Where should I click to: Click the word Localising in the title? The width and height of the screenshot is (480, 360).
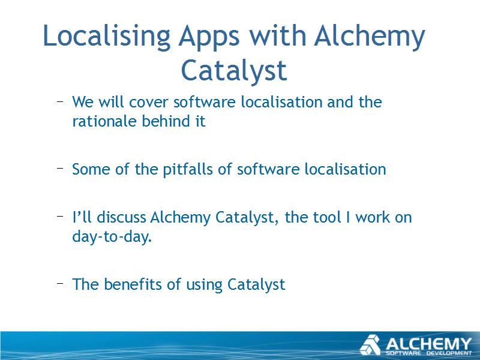[107, 37]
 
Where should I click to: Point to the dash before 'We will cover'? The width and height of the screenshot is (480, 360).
[60, 101]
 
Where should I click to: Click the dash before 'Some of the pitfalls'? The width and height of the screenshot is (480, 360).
[60, 168]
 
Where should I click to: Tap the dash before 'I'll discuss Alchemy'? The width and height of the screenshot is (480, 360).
[60, 217]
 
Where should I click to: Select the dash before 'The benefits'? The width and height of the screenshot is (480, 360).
[60, 283]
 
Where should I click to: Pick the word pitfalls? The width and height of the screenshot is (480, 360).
[187, 169]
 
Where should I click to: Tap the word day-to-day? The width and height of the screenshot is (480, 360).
[112, 236]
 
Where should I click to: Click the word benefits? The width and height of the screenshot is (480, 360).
[133, 284]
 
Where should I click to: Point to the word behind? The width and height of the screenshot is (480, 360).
[166, 121]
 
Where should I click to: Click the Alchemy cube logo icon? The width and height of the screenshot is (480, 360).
[370, 345]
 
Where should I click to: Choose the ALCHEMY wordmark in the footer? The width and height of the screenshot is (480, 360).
[428, 344]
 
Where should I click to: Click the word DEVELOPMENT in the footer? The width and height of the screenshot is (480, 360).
[449, 353]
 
